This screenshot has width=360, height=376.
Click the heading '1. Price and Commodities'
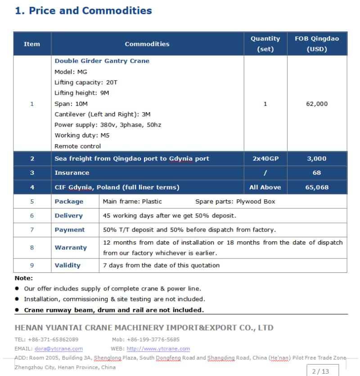pos(84,11)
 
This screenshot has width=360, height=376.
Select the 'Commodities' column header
pos(147,44)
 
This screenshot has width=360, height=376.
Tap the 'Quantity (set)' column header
pos(265,44)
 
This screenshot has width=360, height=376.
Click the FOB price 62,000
pos(317,104)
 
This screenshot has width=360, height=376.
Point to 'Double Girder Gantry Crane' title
pos(102,61)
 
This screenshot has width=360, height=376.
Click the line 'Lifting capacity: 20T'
pos(86,82)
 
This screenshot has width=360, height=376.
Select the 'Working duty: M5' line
pos(82,136)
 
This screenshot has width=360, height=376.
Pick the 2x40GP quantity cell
pos(265,159)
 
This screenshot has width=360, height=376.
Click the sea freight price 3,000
pos(317,159)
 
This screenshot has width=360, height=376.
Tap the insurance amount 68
pos(317,173)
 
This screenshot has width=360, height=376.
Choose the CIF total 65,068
pos(317,187)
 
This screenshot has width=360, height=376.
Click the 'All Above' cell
pos(265,187)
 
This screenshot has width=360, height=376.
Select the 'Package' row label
pos(69,202)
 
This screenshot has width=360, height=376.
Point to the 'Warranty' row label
pos(71,248)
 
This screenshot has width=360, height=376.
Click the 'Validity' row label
pos(67,266)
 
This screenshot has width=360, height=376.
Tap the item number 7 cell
pos(32,230)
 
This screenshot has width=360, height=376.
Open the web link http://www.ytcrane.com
pos(158,349)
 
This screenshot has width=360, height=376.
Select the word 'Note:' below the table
pos(23,278)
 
